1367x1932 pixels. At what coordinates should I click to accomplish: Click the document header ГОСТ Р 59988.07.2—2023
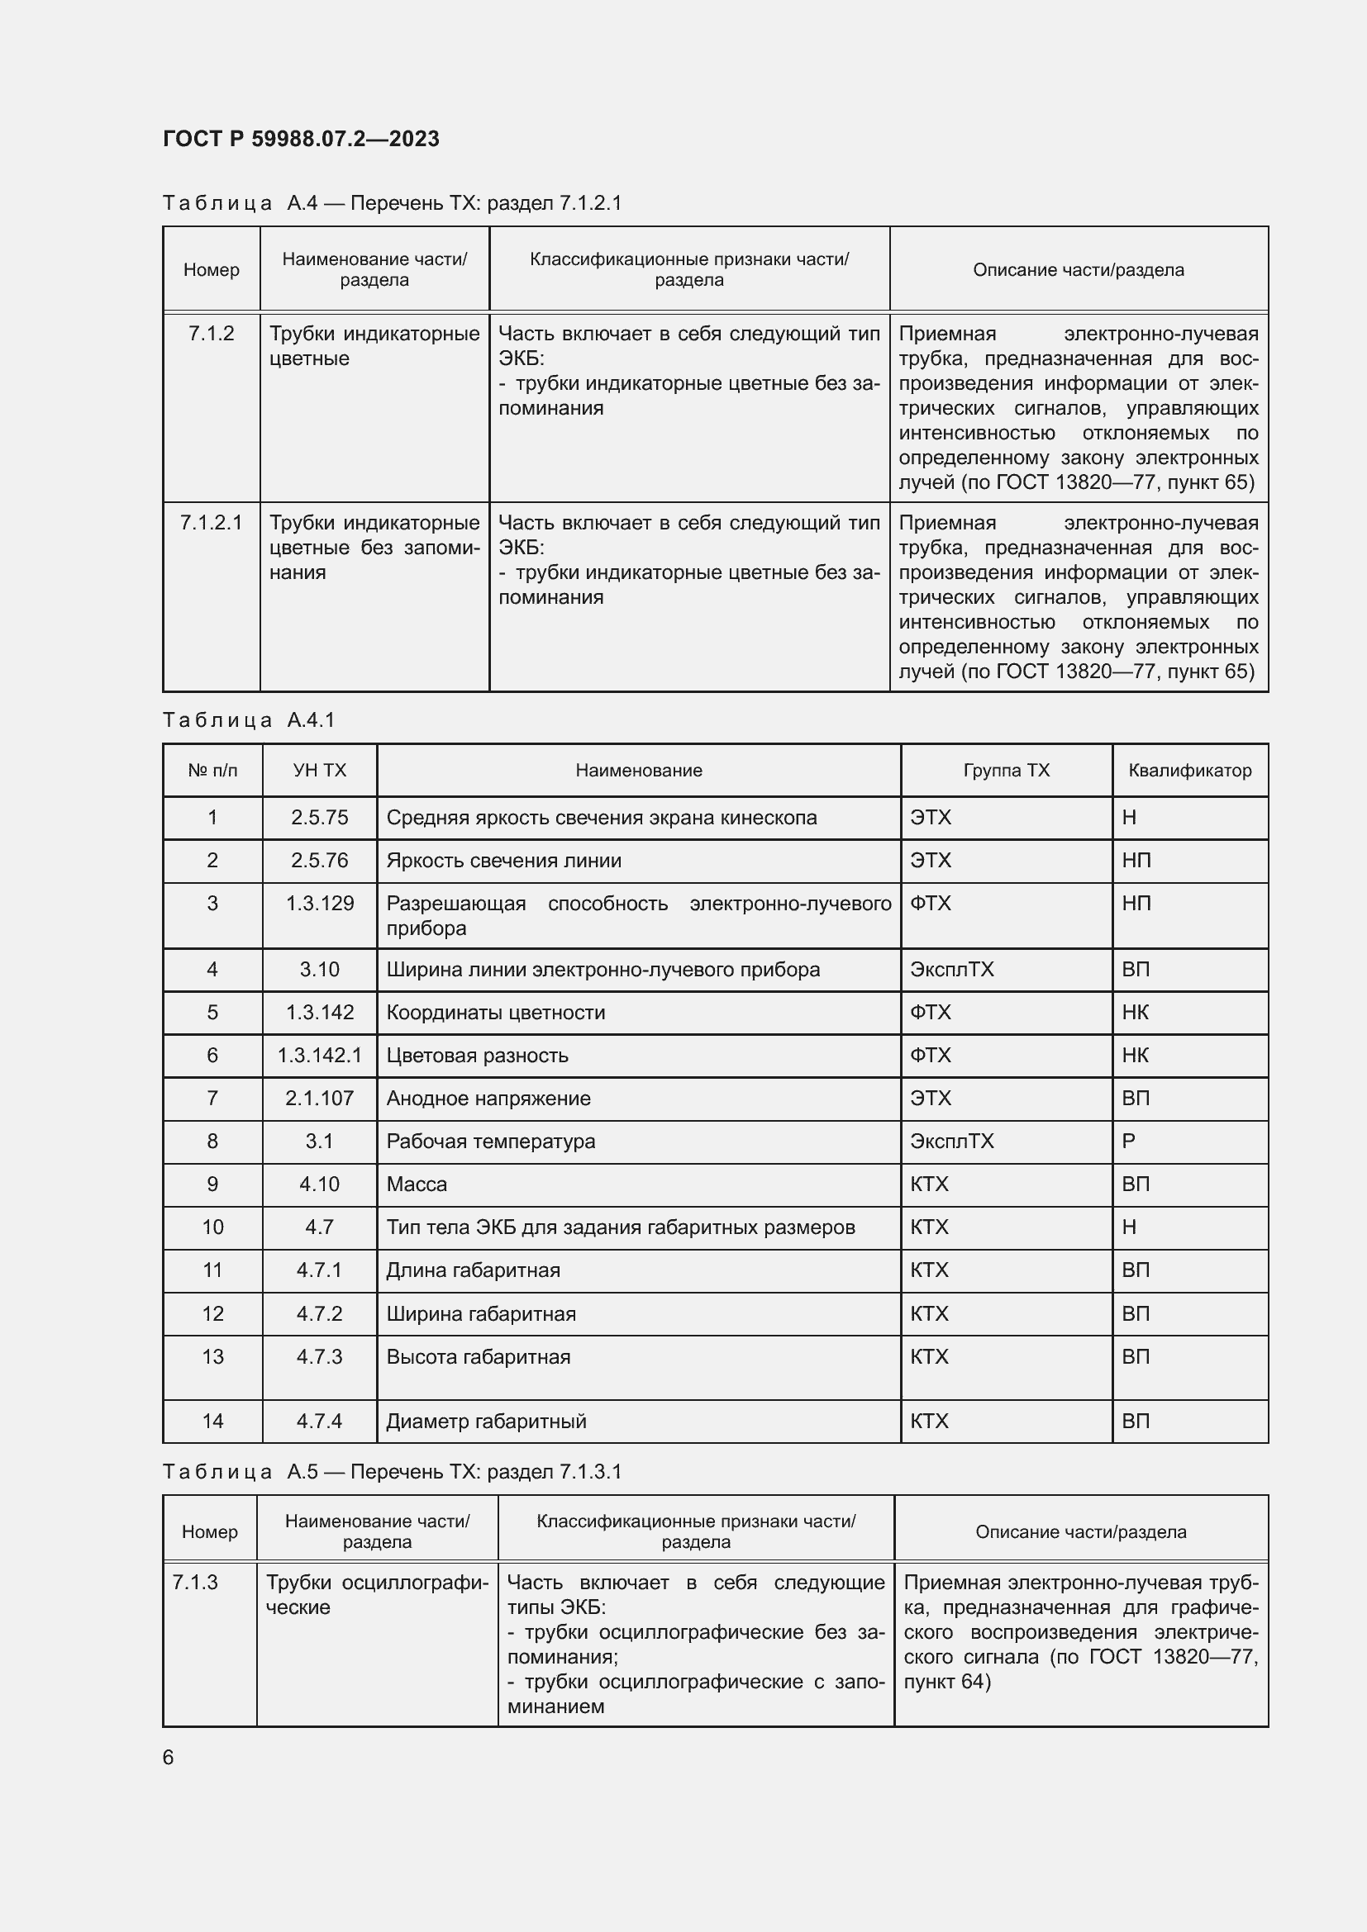pyautogui.click(x=301, y=139)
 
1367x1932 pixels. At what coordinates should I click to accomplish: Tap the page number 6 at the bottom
pyautogui.click(x=169, y=1757)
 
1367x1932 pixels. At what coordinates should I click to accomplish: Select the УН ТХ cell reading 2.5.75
pyautogui.click(x=319, y=817)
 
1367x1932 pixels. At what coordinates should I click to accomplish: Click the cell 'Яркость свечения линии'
pyautogui.click(x=503, y=860)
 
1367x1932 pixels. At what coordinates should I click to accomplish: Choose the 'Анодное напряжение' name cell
pyautogui.click(x=488, y=1098)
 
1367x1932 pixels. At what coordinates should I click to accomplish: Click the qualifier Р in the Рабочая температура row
pyautogui.click(x=1129, y=1141)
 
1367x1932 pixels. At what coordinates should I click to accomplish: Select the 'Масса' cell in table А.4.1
pyautogui.click(x=417, y=1184)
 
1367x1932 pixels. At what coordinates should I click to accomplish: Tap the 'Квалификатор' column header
pyautogui.click(x=1189, y=770)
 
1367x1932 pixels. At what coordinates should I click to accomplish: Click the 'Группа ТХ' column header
pyautogui.click(x=1006, y=770)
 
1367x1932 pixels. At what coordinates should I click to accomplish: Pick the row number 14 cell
pyautogui.click(x=212, y=1422)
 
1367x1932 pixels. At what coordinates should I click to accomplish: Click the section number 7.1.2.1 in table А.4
pyautogui.click(x=211, y=523)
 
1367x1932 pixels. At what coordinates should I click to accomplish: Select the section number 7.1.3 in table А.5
pyautogui.click(x=195, y=1582)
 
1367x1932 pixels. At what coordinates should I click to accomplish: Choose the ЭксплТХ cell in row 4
pyautogui.click(x=951, y=970)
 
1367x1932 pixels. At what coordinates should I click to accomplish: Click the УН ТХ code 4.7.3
pyautogui.click(x=319, y=1356)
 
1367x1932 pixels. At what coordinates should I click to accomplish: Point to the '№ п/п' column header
pyautogui.click(x=212, y=770)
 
